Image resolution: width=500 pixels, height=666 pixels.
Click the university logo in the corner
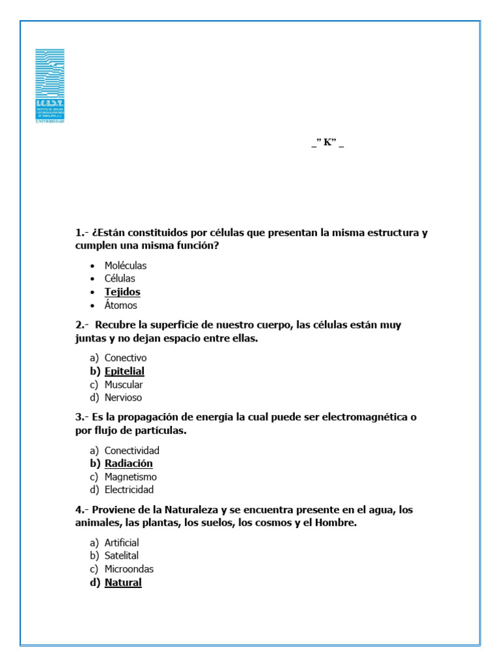[x=49, y=85]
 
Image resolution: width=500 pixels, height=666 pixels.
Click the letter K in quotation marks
[x=327, y=143]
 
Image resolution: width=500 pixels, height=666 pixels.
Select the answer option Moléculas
[x=126, y=265]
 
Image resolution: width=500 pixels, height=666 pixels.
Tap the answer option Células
[x=120, y=278]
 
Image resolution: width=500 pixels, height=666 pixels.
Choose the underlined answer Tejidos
[x=122, y=292]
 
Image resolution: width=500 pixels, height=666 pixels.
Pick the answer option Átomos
[x=121, y=305]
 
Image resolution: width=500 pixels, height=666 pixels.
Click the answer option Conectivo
[x=126, y=358]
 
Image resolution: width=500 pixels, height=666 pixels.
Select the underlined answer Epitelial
[x=124, y=371]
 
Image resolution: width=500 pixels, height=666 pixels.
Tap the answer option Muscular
[x=124, y=384]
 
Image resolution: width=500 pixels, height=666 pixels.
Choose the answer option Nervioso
[x=123, y=397]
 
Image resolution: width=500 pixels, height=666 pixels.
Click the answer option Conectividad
[x=132, y=450]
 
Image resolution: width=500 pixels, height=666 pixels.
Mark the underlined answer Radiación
[x=129, y=464]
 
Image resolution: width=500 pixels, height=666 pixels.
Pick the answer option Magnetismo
[x=131, y=477]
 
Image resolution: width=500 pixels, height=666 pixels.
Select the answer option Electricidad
[x=130, y=490]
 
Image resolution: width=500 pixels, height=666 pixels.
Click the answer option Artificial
[x=122, y=542]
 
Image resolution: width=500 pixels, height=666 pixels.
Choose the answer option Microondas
[x=130, y=569]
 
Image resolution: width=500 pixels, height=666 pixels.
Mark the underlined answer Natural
[x=123, y=583]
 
